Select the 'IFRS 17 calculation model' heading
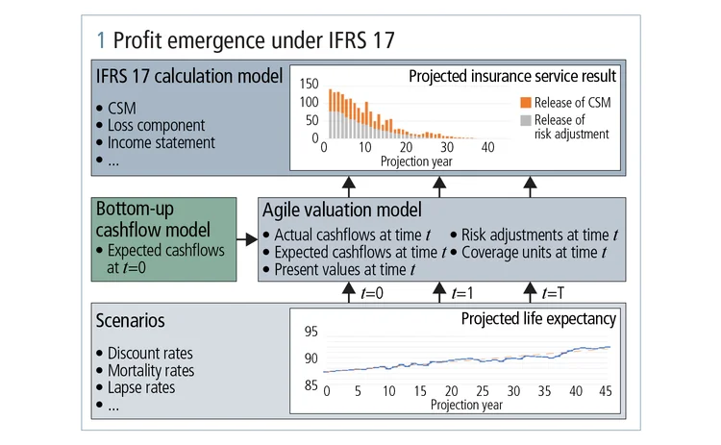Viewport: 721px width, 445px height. click(x=188, y=75)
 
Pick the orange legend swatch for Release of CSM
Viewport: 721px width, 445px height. click(x=523, y=102)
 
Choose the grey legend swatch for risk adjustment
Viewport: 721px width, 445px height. click(x=523, y=119)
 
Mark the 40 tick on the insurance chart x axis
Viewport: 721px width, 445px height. click(x=487, y=148)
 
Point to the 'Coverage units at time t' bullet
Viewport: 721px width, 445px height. click(x=535, y=254)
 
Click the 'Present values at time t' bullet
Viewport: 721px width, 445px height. click(x=345, y=271)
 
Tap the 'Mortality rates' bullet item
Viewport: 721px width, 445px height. click(x=150, y=371)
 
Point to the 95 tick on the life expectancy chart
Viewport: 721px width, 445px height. click(x=310, y=333)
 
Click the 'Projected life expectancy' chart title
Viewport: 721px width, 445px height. click(x=537, y=319)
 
